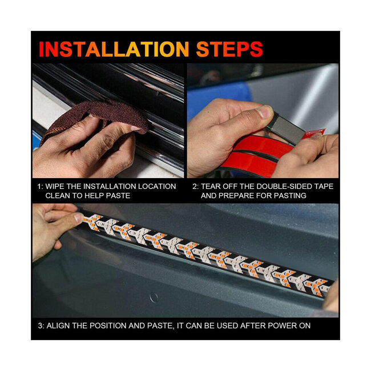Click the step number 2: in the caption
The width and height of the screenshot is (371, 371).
pyautogui.click(x=195, y=187)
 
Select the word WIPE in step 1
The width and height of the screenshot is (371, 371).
pyautogui.click(x=57, y=187)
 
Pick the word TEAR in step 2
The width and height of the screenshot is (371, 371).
pyautogui.click(x=212, y=187)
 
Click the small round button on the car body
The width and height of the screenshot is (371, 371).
pyautogui.click(x=153, y=297)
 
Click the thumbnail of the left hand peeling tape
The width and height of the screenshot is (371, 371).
pyautogui.click(x=264, y=113)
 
